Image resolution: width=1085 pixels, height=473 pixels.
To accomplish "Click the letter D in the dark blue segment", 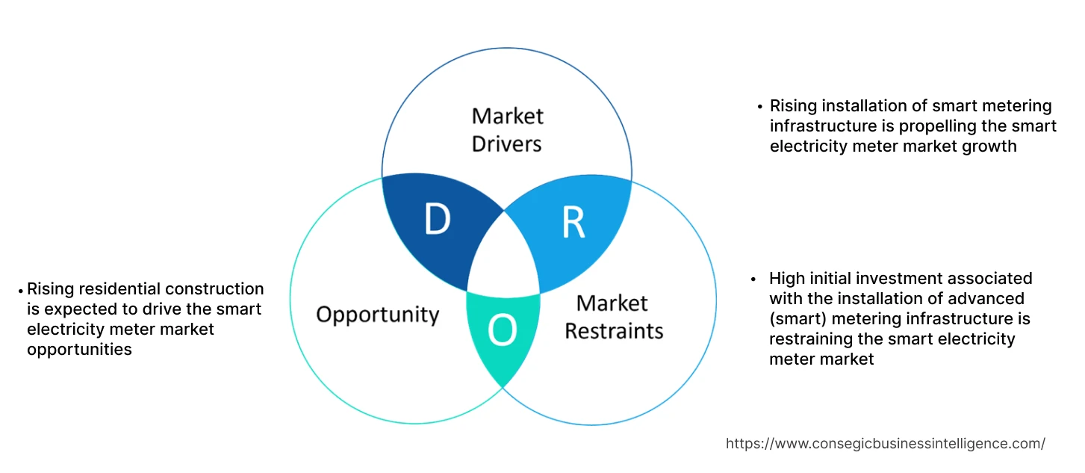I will click(437, 220).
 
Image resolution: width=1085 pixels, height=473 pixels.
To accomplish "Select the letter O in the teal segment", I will click(502, 331).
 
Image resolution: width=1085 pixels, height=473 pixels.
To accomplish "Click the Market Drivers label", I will click(507, 129).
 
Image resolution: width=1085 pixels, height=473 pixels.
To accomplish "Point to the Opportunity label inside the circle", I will click(377, 314).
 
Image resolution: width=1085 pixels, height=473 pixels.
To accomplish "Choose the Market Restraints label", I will click(613, 317).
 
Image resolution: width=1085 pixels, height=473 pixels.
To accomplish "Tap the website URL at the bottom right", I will click(885, 443).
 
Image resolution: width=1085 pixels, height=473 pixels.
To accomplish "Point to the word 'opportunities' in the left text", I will click(79, 349).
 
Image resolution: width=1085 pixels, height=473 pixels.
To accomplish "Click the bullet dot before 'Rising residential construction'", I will click(20, 290).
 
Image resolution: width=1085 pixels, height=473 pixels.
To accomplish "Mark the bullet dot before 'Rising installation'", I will click(759, 107).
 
